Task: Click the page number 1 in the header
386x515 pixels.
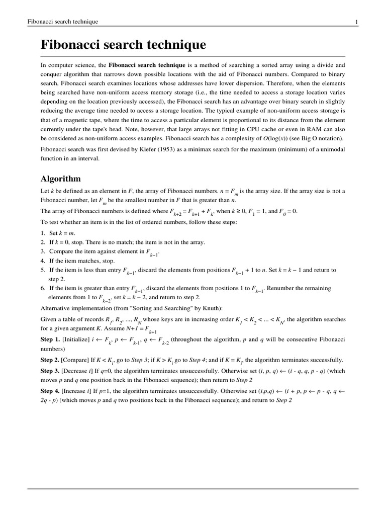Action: [x=356, y=22]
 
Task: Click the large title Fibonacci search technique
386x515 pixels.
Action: [x=123, y=45]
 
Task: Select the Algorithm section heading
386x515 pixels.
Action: [x=60, y=179]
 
